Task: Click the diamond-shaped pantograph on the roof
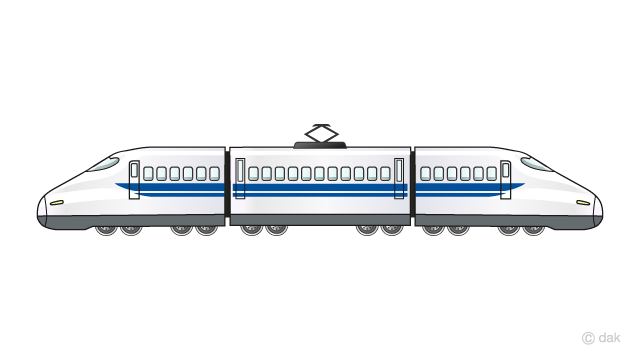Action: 321,134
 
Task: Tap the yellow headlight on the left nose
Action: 57,203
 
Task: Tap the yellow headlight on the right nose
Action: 583,203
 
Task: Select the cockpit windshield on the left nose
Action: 104,163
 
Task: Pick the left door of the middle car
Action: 240,178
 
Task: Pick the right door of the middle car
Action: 399,178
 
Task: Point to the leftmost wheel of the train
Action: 105,231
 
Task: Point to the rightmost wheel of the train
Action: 535,231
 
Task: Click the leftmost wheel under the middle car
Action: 250,231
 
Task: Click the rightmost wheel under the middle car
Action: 392,231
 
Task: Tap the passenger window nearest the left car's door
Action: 149,173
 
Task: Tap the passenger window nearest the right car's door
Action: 491,173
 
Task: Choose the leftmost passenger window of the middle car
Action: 255,173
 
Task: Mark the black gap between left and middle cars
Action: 228,185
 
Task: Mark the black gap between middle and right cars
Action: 412,185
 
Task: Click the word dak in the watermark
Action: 613,341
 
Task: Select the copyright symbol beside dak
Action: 589,341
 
